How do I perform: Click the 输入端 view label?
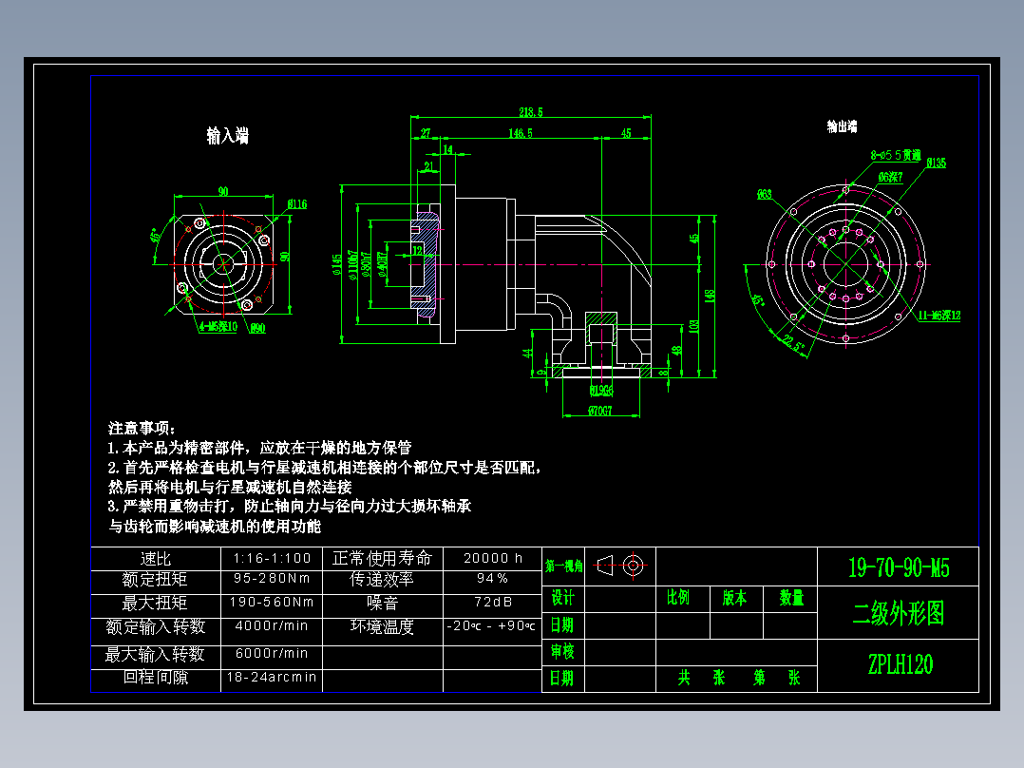tap(227, 137)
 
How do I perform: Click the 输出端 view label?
tap(842, 125)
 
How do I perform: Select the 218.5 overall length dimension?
tap(531, 111)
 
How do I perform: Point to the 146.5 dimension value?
tap(520, 133)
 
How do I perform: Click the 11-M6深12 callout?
tap(939, 315)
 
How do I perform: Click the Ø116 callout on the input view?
tap(296, 202)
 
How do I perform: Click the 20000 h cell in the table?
tap(491, 558)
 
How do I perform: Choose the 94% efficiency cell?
tap(491, 578)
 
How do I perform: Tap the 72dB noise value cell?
tap(491, 602)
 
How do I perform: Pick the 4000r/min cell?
tap(271, 625)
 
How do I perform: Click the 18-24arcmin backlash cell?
tap(271, 679)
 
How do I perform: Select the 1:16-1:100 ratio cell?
tap(271, 558)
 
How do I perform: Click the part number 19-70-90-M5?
tap(898, 568)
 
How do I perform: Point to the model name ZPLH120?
tap(900, 664)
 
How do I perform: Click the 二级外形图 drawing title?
tap(898, 614)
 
